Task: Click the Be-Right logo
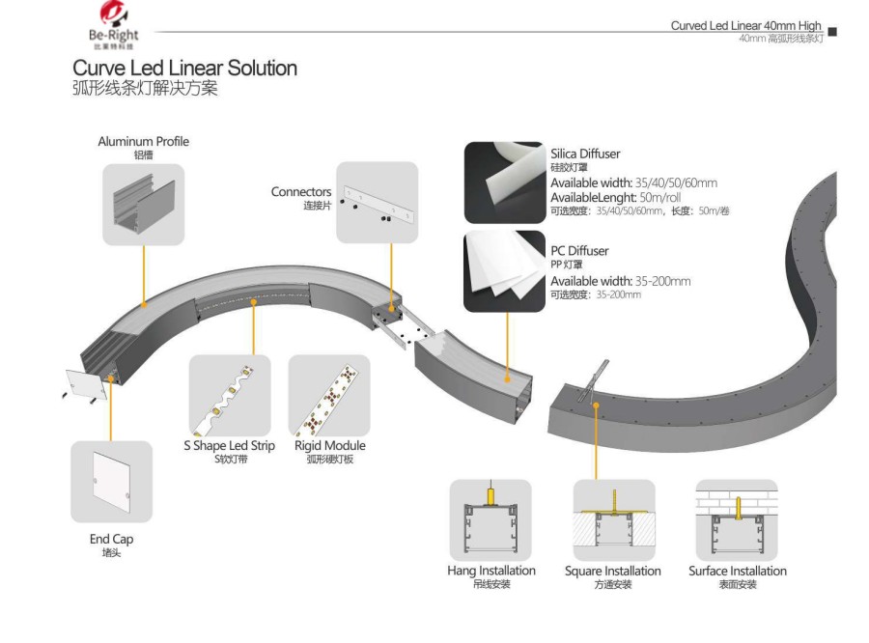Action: click(115, 26)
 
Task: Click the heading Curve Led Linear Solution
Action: click(184, 70)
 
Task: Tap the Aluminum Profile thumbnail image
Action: click(143, 204)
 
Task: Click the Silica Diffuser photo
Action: click(504, 182)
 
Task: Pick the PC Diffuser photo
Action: click(504, 270)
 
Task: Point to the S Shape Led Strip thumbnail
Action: click(229, 396)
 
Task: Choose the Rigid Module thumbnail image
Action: click(329, 396)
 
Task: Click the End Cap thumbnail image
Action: click(111, 482)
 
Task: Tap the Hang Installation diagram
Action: click(491, 519)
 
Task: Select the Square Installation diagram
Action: click(614, 519)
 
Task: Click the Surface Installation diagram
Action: click(737, 519)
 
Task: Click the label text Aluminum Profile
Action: click(143, 142)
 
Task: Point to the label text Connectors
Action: click(301, 192)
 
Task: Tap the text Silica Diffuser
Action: click(585, 154)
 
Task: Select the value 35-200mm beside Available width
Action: click(658, 281)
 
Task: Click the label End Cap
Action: click(111, 539)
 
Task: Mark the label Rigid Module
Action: click(329, 446)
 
